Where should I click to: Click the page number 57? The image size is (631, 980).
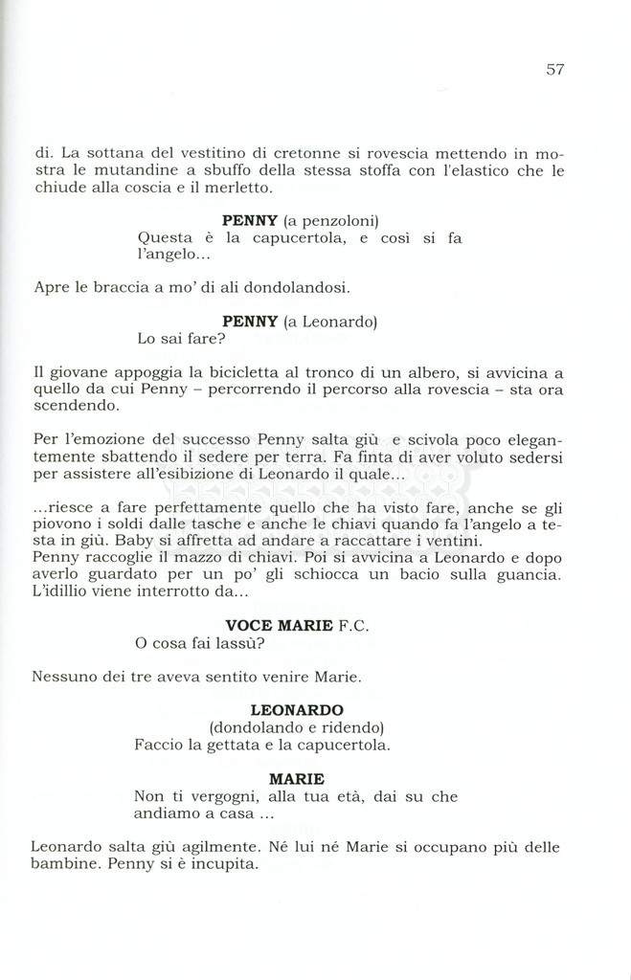[x=555, y=70]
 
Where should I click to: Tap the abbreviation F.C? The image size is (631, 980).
[x=353, y=626]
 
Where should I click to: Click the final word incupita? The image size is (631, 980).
[x=224, y=864]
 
